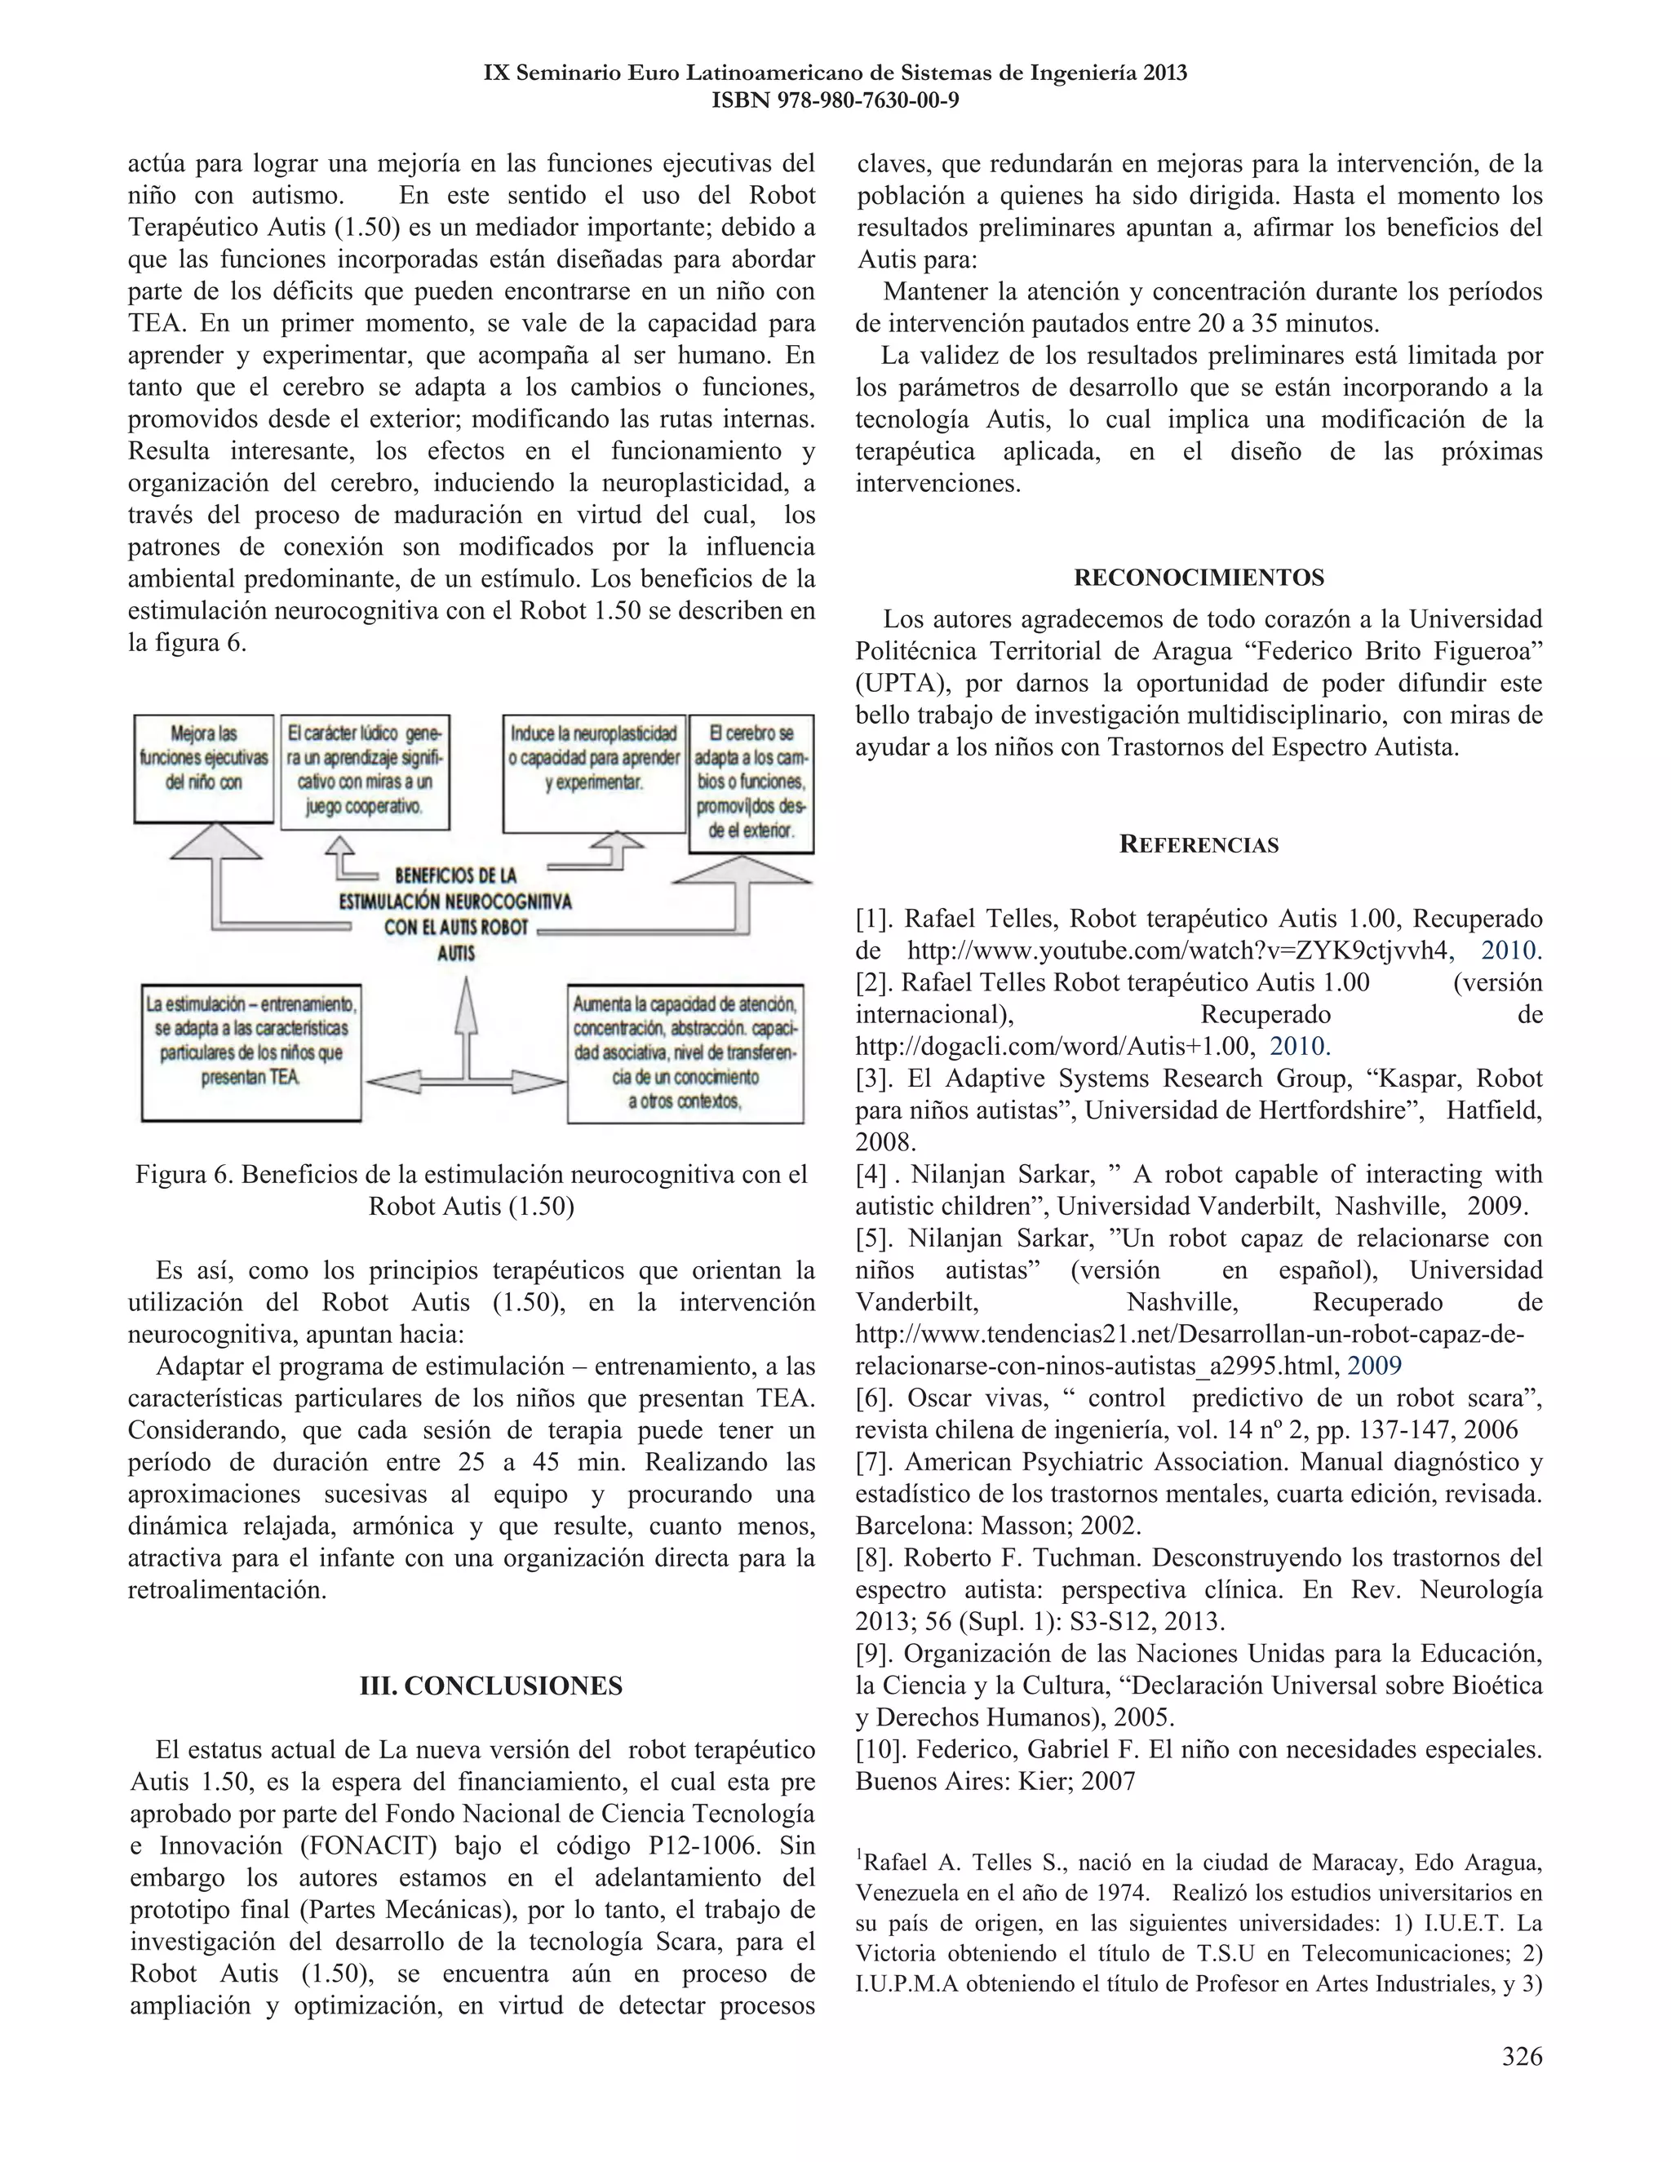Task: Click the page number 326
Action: [x=1522, y=2056]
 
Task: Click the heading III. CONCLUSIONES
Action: [x=491, y=1685]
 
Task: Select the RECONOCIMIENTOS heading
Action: [x=1199, y=577]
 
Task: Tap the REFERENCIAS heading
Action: [x=1199, y=844]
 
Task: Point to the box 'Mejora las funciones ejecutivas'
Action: [x=204, y=769]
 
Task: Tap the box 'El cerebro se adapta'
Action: [x=751, y=783]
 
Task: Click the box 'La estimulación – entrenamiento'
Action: [x=251, y=1052]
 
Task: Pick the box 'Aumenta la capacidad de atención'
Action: [x=685, y=1052]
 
